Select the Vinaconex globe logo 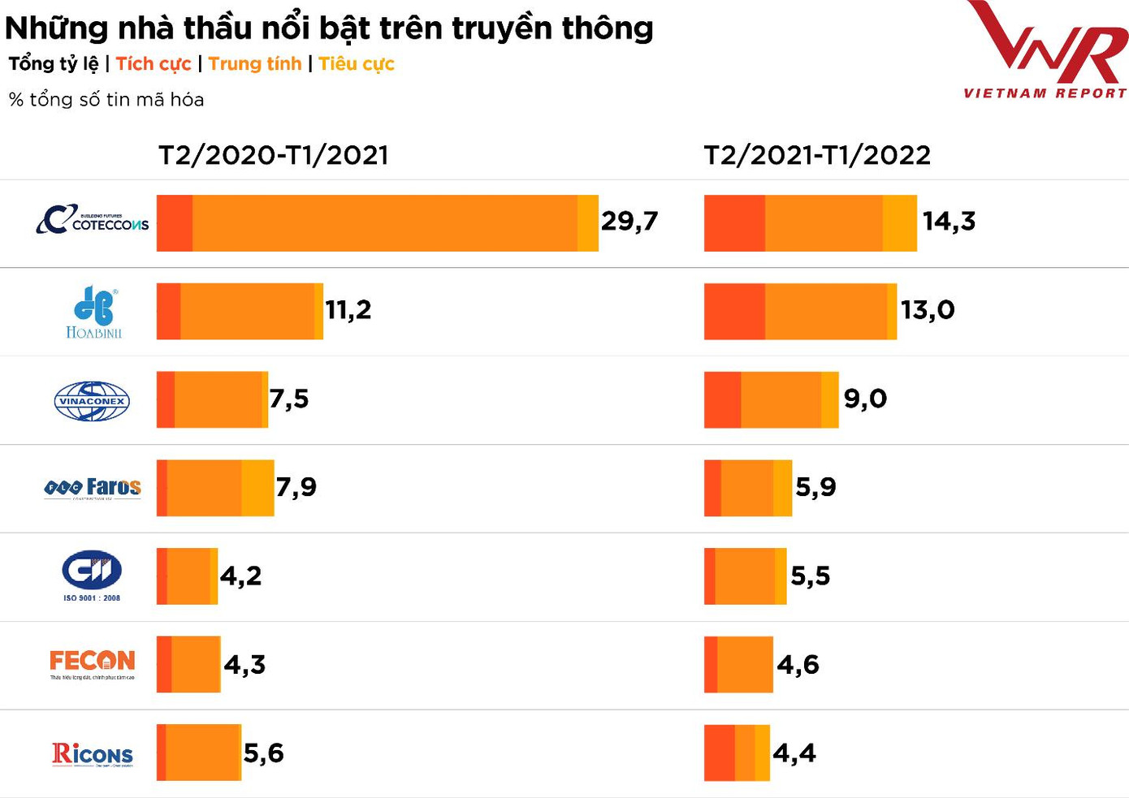click(92, 401)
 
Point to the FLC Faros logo click(93, 487)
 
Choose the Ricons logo click(93, 754)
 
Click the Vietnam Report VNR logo click(1046, 50)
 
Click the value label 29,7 click(629, 221)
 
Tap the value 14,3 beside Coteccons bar click(949, 221)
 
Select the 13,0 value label click(928, 309)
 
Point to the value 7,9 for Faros click(296, 487)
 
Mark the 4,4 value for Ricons click(794, 753)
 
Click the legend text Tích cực click(154, 64)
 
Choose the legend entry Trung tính click(255, 64)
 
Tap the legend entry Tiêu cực click(357, 64)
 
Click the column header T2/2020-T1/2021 click(274, 155)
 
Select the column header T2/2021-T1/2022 click(817, 155)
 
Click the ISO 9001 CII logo click(92, 576)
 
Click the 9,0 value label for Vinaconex click(865, 399)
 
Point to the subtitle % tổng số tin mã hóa click(106, 100)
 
